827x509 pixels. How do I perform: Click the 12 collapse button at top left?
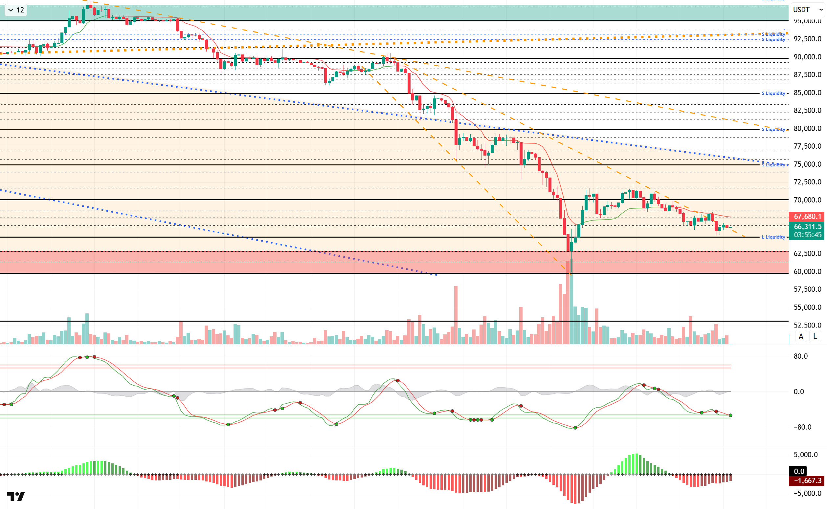[x=16, y=10]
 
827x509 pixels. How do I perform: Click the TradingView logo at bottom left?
[x=16, y=497]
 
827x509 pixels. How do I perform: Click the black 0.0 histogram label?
[x=799, y=471]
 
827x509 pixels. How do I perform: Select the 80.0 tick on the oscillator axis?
[x=800, y=356]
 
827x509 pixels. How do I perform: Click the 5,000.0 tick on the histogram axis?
[x=805, y=455]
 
